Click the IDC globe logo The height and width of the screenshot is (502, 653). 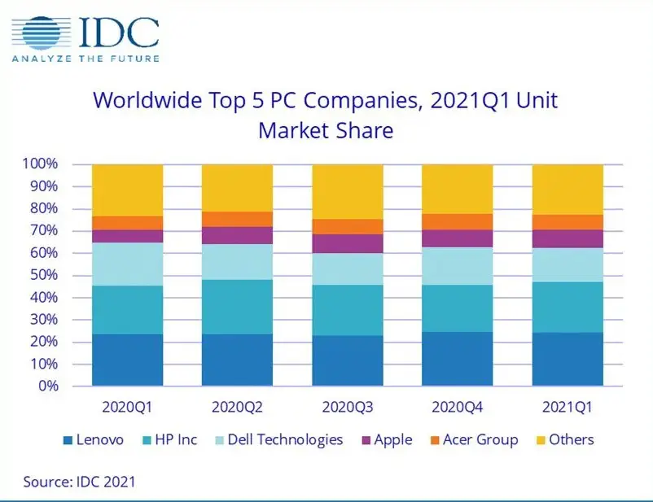(x=41, y=33)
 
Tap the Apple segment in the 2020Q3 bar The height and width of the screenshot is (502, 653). (x=348, y=243)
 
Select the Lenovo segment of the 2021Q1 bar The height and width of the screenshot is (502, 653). (x=568, y=359)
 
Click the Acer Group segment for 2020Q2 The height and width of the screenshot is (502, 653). (x=238, y=219)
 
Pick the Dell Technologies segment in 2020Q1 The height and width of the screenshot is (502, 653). (x=128, y=264)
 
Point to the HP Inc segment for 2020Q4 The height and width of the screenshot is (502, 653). (x=458, y=308)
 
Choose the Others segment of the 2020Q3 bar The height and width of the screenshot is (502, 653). (x=348, y=192)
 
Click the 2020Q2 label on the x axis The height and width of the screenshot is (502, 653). (x=238, y=407)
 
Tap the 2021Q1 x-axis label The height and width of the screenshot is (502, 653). (x=568, y=407)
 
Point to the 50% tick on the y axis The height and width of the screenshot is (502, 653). (x=44, y=275)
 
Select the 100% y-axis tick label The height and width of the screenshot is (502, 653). (x=40, y=164)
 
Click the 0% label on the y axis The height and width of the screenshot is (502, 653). (x=48, y=386)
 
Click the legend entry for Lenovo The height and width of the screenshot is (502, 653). (x=94, y=439)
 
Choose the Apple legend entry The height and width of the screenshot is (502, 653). (x=388, y=439)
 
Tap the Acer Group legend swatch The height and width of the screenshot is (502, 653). (x=435, y=440)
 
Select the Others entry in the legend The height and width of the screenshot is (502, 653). (x=565, y=439)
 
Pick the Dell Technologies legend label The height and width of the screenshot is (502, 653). (x=285, y=440)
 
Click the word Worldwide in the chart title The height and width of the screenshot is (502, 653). (x=148, y=100)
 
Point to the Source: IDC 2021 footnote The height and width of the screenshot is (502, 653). (x=79, y=482)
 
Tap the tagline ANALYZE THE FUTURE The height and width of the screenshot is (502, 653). (x=85, y=59)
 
